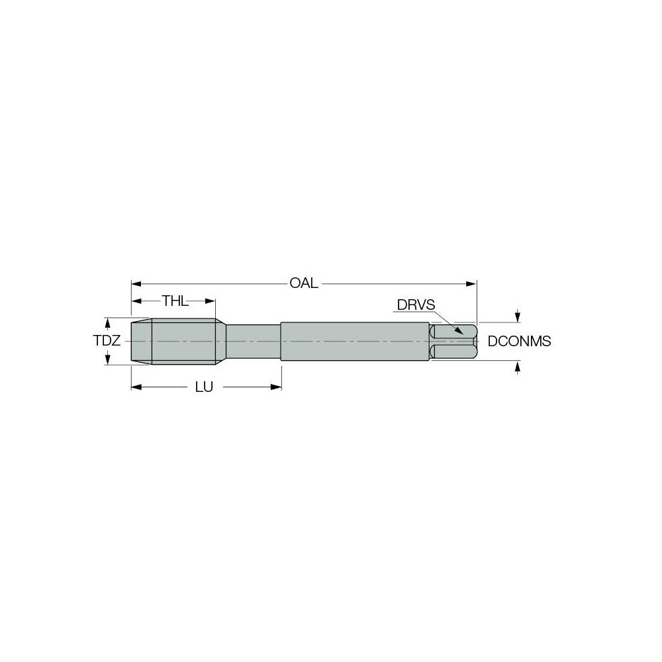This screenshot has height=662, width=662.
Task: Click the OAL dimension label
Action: coord(304,283)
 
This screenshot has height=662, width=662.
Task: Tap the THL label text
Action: coord(175,302)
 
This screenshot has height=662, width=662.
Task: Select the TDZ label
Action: coord(106,341)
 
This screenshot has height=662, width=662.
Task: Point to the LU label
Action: coord(203,387)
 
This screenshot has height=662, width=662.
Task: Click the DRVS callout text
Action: coord(416,305)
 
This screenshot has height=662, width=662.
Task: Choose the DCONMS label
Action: coord(519,342)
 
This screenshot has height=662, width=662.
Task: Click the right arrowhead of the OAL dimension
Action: coord(472,283)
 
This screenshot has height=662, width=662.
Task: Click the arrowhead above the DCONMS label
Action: coord(517,316)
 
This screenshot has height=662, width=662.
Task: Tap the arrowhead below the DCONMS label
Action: coord(517,366)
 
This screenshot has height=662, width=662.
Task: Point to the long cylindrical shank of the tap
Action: coord(354,342)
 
